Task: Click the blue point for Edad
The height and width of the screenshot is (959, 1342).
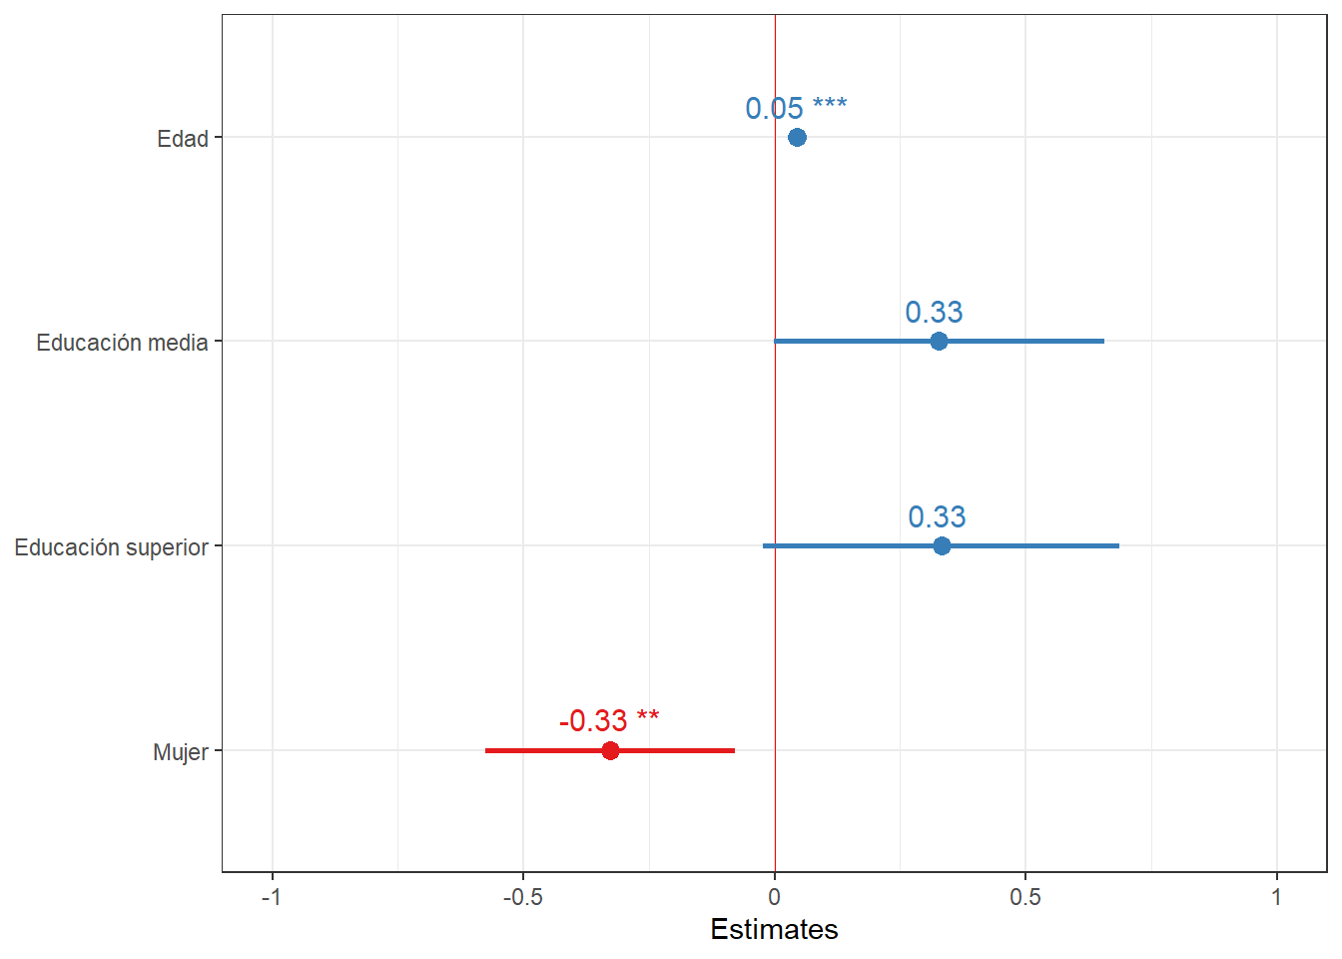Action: (797, 137)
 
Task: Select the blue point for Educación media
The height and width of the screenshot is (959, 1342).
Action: (939, 342)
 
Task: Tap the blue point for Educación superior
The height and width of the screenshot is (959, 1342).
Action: (942, 545)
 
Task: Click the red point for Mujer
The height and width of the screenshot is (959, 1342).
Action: (610, 750)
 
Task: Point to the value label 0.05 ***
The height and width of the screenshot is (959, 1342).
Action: (796, 108)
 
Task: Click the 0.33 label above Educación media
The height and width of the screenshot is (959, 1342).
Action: (934, 313)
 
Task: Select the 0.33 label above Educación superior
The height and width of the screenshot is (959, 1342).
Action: (937, 516)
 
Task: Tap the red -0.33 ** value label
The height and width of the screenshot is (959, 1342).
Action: (609, 720)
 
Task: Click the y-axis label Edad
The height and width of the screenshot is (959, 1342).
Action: (183, 139)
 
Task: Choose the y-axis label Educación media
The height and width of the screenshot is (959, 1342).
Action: (122, 343)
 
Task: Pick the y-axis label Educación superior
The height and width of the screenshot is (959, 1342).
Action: (111, 547)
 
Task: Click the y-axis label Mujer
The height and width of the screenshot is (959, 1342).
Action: (181, 752)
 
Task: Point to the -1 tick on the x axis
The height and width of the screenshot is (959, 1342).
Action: (272, 897)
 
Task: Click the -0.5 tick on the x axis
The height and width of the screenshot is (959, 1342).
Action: (522, 897)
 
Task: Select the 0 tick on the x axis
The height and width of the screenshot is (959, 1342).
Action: (774, 897)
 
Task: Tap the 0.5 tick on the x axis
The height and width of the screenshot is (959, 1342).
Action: (1025, 897)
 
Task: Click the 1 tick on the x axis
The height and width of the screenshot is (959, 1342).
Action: (1276, 897)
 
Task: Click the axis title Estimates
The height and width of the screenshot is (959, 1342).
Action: (774, 929)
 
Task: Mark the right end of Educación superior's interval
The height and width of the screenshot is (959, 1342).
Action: (1118, 545)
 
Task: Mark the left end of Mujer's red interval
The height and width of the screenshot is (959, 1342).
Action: (486, 750)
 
